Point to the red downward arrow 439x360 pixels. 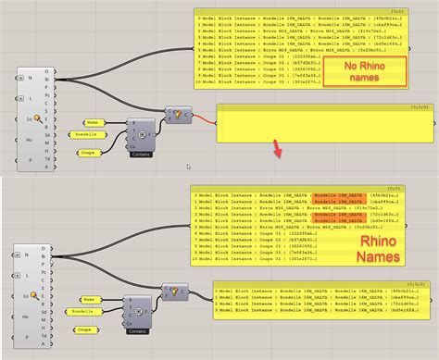coord(275,148)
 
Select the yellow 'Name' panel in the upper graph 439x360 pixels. coord(94,121)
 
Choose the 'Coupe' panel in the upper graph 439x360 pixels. coord(87,152)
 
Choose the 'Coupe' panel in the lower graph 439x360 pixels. coord(86,329)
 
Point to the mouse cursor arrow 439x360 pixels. coord(188,168)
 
